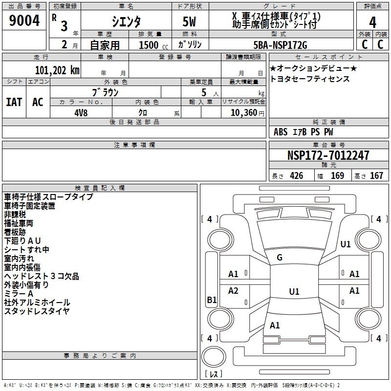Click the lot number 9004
pos(24,21)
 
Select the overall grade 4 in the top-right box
pos(372,22)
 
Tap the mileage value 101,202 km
pos(57,70)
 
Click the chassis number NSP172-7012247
pos(328,155)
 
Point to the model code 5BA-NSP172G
pos(280,45)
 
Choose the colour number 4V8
pos(81,113)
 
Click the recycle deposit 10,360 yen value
pos(247,113)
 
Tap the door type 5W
pos(189,22)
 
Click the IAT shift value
pos(14,102)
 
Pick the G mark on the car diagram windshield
pos(280,258)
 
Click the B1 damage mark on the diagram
pos(212,300)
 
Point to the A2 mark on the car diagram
pos(233,291)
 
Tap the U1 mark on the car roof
pos(294,291)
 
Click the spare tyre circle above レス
pos(213,357)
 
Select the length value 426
pos(296,176)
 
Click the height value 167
pos(376,176)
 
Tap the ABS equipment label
pos(281,132)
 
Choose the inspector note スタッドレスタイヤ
pos(37,311)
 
